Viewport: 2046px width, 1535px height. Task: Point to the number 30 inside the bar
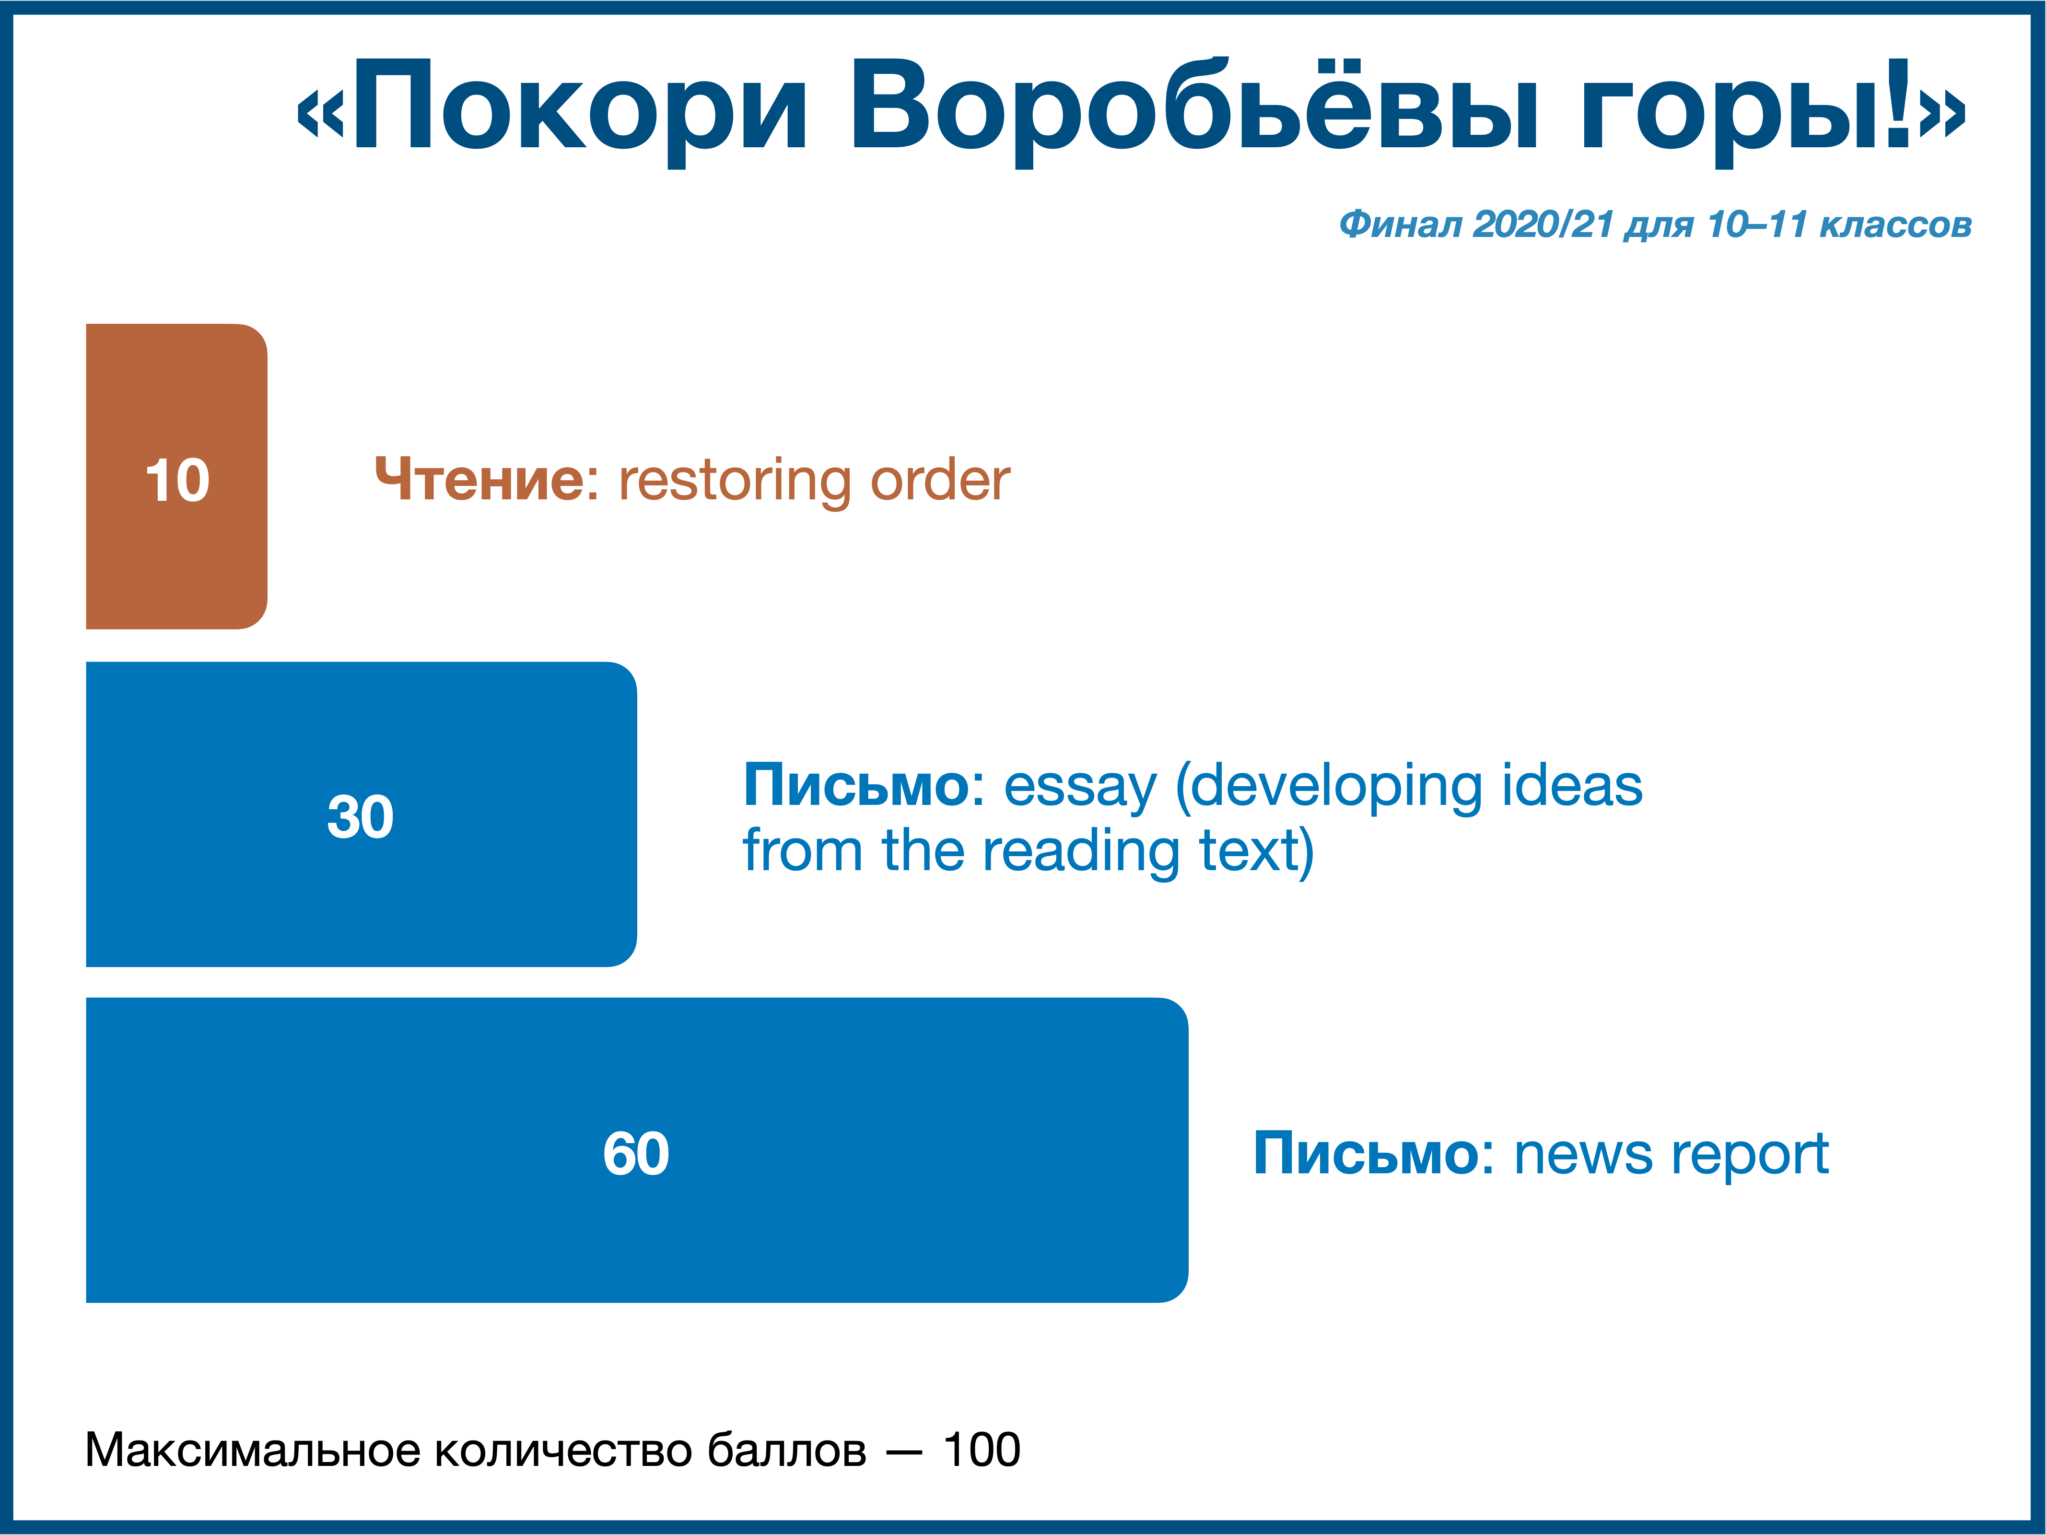(x=361, y=817)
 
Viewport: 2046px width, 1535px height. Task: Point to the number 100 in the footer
(x=982, y=1450)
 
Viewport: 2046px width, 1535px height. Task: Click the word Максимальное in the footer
(x=254, y=1451)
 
